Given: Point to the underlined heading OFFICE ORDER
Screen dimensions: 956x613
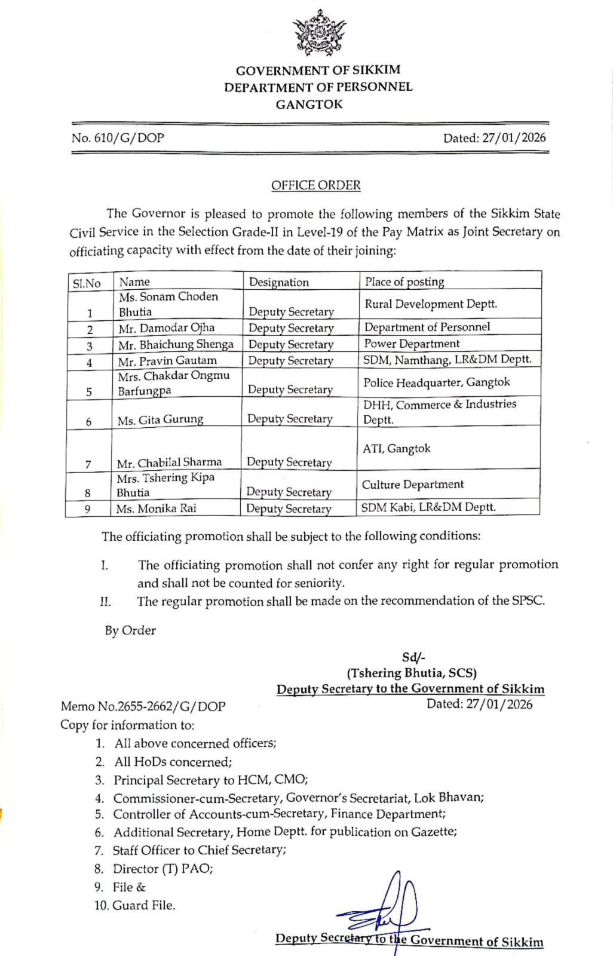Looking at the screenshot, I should point(315,185).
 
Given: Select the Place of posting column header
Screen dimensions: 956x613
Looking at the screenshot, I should point(404,282).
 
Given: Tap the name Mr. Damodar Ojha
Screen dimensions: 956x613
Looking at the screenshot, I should point(166,328).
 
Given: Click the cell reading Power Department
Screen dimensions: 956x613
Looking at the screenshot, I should point(412,344).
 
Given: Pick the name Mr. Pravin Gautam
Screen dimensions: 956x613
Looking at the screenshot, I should point(167,361).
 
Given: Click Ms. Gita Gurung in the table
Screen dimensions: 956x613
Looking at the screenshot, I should point(160,420).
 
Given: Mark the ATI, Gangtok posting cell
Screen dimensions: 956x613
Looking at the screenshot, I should point(397,448).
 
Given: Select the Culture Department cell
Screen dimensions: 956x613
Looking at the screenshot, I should point(412,485).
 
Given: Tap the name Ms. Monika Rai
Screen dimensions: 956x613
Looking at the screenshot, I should point(156,508).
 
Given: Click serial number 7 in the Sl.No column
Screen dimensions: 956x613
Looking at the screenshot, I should point(88,464).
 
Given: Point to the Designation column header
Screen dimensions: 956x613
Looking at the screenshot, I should point(278,282).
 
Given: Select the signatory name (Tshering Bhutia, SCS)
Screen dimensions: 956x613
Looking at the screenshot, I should point(412,673).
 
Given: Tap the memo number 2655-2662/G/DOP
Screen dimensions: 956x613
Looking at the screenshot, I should point(143,706).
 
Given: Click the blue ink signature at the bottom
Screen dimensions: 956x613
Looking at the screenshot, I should point(382,908).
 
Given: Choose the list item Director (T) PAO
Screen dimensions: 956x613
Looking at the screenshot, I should point(163,869).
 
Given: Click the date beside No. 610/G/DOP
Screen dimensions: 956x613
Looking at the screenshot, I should point(494,138).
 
